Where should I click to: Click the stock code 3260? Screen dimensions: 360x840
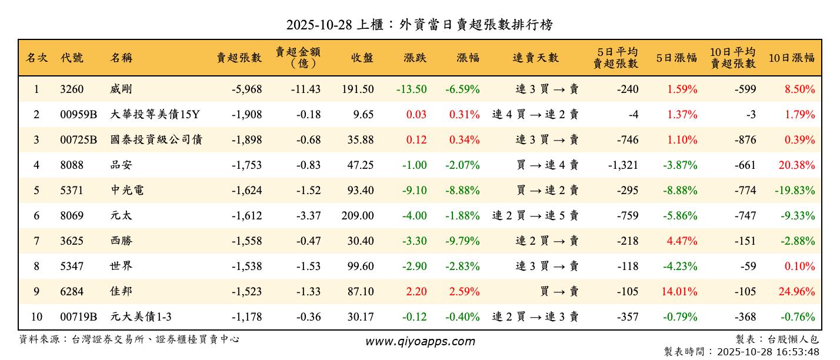coord(72,89)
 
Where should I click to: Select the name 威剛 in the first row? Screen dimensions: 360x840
coord(121,89)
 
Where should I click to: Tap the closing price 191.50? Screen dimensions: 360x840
coord(357,89)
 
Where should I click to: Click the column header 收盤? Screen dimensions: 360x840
coord(362,58)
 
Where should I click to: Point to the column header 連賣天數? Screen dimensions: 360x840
coord(535,58)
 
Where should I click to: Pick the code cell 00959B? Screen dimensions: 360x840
coord(78,115)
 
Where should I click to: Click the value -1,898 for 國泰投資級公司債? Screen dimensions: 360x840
coord(246,140)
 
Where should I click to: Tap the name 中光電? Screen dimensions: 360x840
coord(127,191)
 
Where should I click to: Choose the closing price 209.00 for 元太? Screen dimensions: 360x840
coord(357,216)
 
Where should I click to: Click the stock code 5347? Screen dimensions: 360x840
coord(72,266)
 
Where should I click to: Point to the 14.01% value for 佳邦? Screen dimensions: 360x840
coord(682,292)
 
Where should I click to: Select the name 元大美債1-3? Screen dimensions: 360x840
coord(141,317)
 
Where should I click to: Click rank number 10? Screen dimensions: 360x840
coord(36,317)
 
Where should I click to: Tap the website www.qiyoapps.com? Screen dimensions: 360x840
coord(420,342)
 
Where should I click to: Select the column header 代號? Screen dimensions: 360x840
coord(72,58)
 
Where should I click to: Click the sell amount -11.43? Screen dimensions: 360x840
coord(305,89)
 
